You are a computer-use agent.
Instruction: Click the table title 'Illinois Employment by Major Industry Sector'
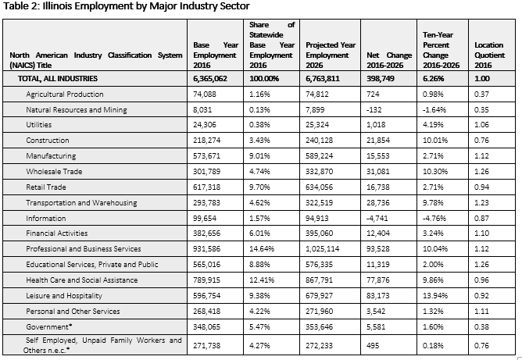pos(146,6)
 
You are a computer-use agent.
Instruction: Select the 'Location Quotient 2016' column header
pos(489,55)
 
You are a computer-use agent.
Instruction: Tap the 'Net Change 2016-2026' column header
pos(389,60)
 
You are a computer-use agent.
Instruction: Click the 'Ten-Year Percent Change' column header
pos(441,50)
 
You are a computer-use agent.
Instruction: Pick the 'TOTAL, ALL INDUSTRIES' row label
pos(58,79)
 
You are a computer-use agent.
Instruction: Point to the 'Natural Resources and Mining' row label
pos(77,110)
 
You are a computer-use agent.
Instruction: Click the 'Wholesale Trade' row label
pos(54,171)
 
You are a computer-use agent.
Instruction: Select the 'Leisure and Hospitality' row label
pos(64,296)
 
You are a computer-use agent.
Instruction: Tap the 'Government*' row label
pos(49,326)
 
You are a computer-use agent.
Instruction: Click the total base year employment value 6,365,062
pos(210,79)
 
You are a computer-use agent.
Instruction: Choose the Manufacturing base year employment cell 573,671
pos(207,155)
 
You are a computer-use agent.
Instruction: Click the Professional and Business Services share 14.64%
pos(262,249)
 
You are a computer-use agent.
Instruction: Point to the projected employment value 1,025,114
pos(322,249)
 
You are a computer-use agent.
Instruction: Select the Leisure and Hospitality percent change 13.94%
pos(435,296)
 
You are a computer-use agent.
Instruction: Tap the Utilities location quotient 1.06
pos(481,125)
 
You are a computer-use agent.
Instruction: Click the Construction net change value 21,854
pos(378,140)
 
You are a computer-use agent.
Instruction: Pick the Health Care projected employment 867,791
pos(319,280)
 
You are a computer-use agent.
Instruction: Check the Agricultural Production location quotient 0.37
pos(481,94)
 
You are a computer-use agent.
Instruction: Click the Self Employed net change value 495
pos(373,346)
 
